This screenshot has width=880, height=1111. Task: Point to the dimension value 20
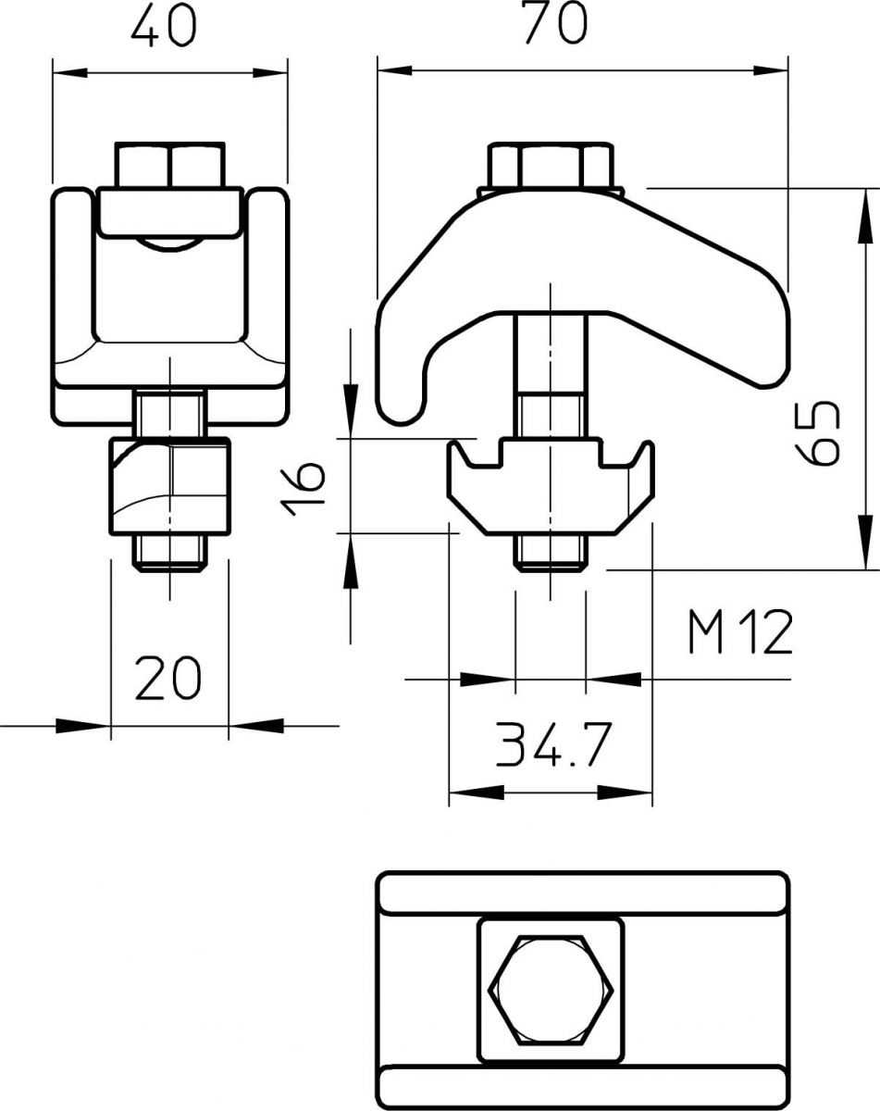[167, 678]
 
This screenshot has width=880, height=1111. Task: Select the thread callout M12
[740, 634]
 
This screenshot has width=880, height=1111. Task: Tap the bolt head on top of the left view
[170, 165]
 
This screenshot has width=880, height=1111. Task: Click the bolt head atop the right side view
[552, 165]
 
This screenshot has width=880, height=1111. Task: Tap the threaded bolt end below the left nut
[171, 553]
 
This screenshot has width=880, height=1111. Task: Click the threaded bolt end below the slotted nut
[550, 553]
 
